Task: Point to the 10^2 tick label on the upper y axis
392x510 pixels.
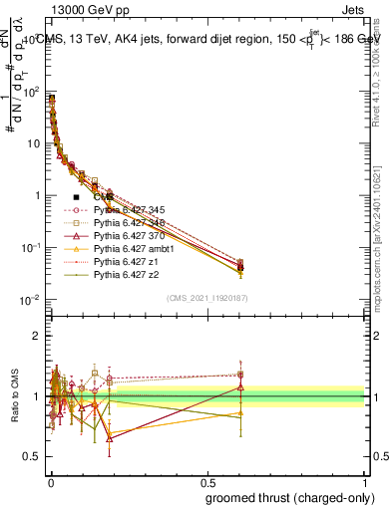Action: (30, 92)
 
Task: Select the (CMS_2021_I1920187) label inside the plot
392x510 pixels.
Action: (206, 299)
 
